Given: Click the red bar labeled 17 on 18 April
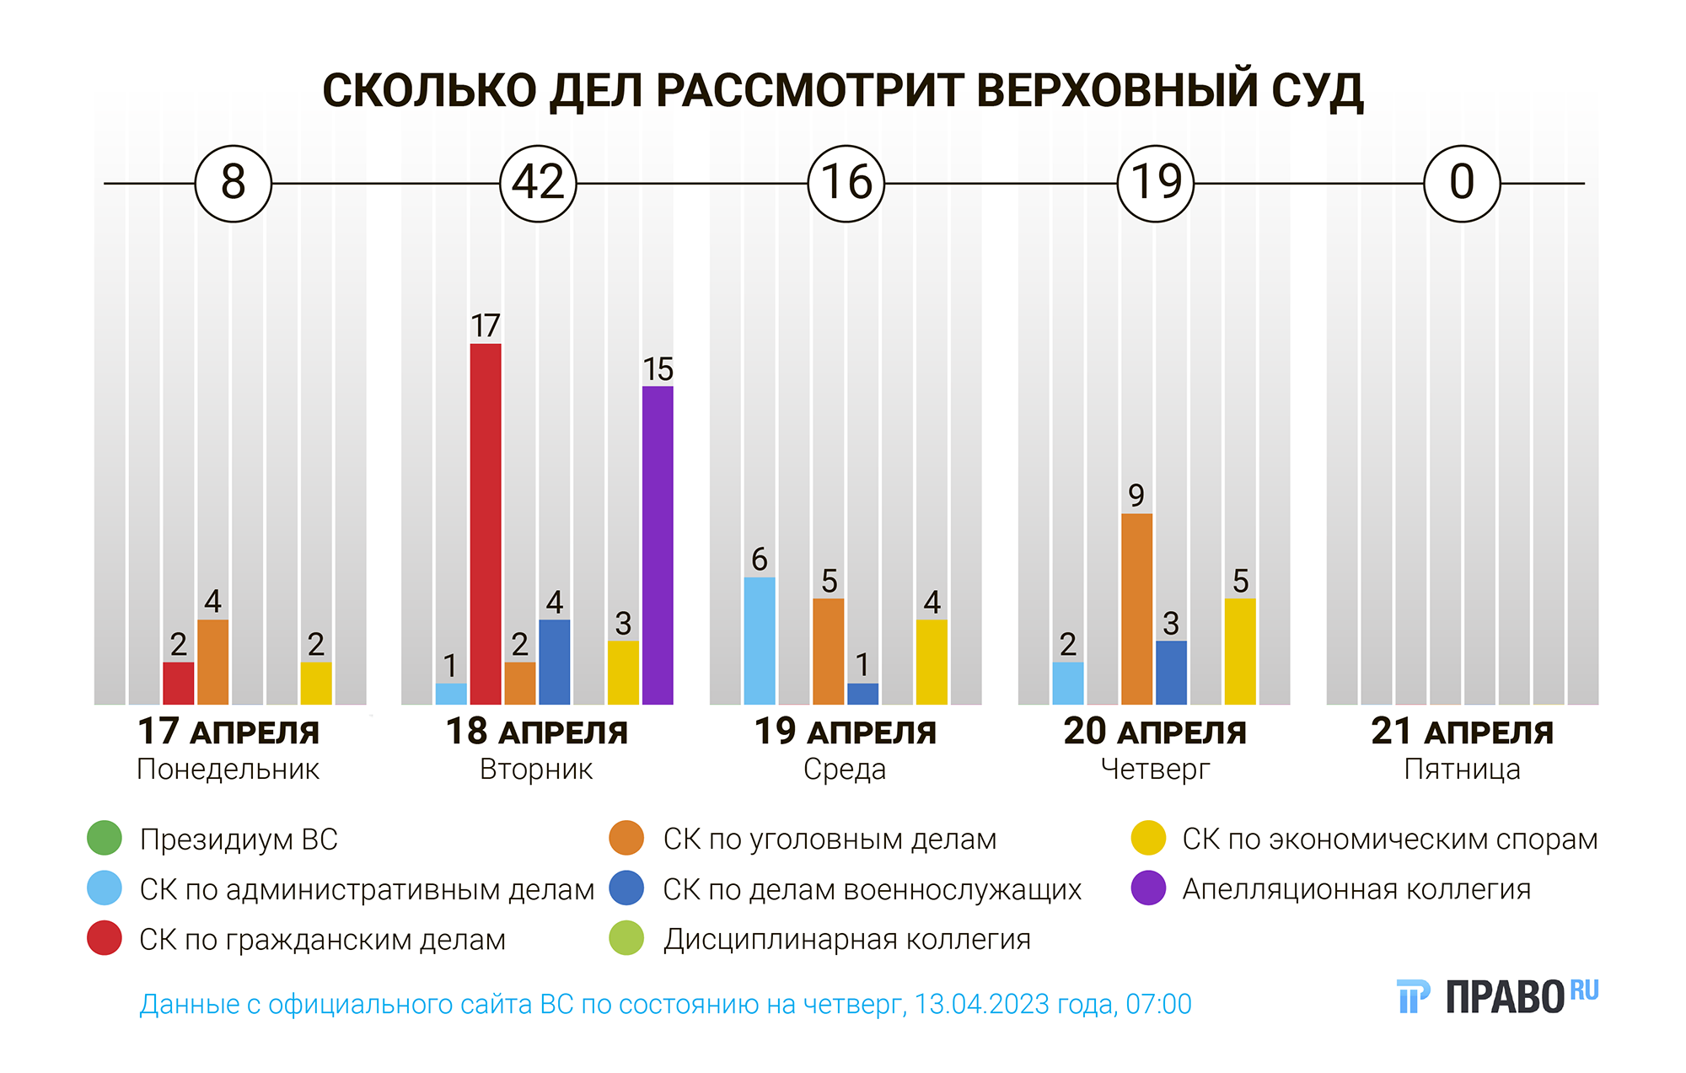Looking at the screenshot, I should (x=486, y=523).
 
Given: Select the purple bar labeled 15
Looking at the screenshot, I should (x=658, y=545).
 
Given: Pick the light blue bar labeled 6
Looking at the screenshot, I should (x=760, y=641).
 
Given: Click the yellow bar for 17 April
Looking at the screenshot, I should (x=316, y=683).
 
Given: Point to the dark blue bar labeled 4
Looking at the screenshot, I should (x=555, y=662).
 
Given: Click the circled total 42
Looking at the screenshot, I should (x=538, y=183).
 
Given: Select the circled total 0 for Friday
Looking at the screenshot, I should (x=1462, y=183).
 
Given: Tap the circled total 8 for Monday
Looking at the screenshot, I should (x=234, y=183).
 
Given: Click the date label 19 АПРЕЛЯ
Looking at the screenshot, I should (x=846, y=732).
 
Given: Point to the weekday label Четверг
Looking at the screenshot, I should (x=1155, y=770).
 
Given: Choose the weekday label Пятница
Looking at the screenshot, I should (x=1462, y=770).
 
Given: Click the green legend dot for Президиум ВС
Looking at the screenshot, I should (x=105, y=838).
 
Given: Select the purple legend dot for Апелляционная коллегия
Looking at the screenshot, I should (x=1148, y=888).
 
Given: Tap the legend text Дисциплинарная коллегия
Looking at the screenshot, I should (x=846, y=939).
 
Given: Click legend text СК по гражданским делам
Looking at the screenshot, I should (x=322, y=939).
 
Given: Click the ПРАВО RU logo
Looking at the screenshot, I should (x=1497, y=996).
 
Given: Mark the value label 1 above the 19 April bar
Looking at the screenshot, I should (x=862, y=665).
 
